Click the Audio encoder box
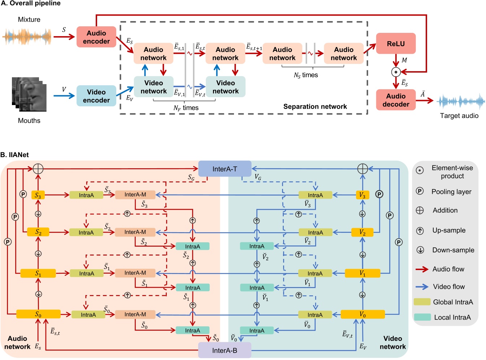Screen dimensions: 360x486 point(96,37)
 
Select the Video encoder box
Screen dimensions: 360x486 point(96,96)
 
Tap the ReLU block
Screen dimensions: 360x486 point(396,44)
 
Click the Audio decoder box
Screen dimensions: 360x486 point(396,100)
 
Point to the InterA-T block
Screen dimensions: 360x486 point(225,169)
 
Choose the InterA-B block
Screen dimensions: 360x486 point(225,350)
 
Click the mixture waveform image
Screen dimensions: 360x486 point(27,36)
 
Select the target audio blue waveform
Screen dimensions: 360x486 point(461,101)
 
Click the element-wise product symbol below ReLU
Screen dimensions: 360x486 point(396,72)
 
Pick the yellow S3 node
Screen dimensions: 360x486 point(38,195)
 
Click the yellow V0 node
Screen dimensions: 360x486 point(363,315)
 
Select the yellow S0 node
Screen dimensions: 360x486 point(38,315)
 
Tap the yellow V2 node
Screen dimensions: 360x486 point(362,233)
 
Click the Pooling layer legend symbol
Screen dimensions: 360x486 point(420,191)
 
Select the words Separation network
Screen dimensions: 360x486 point(315,107)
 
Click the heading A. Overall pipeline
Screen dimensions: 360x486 point(31,4)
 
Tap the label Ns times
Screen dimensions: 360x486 point(305,75)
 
